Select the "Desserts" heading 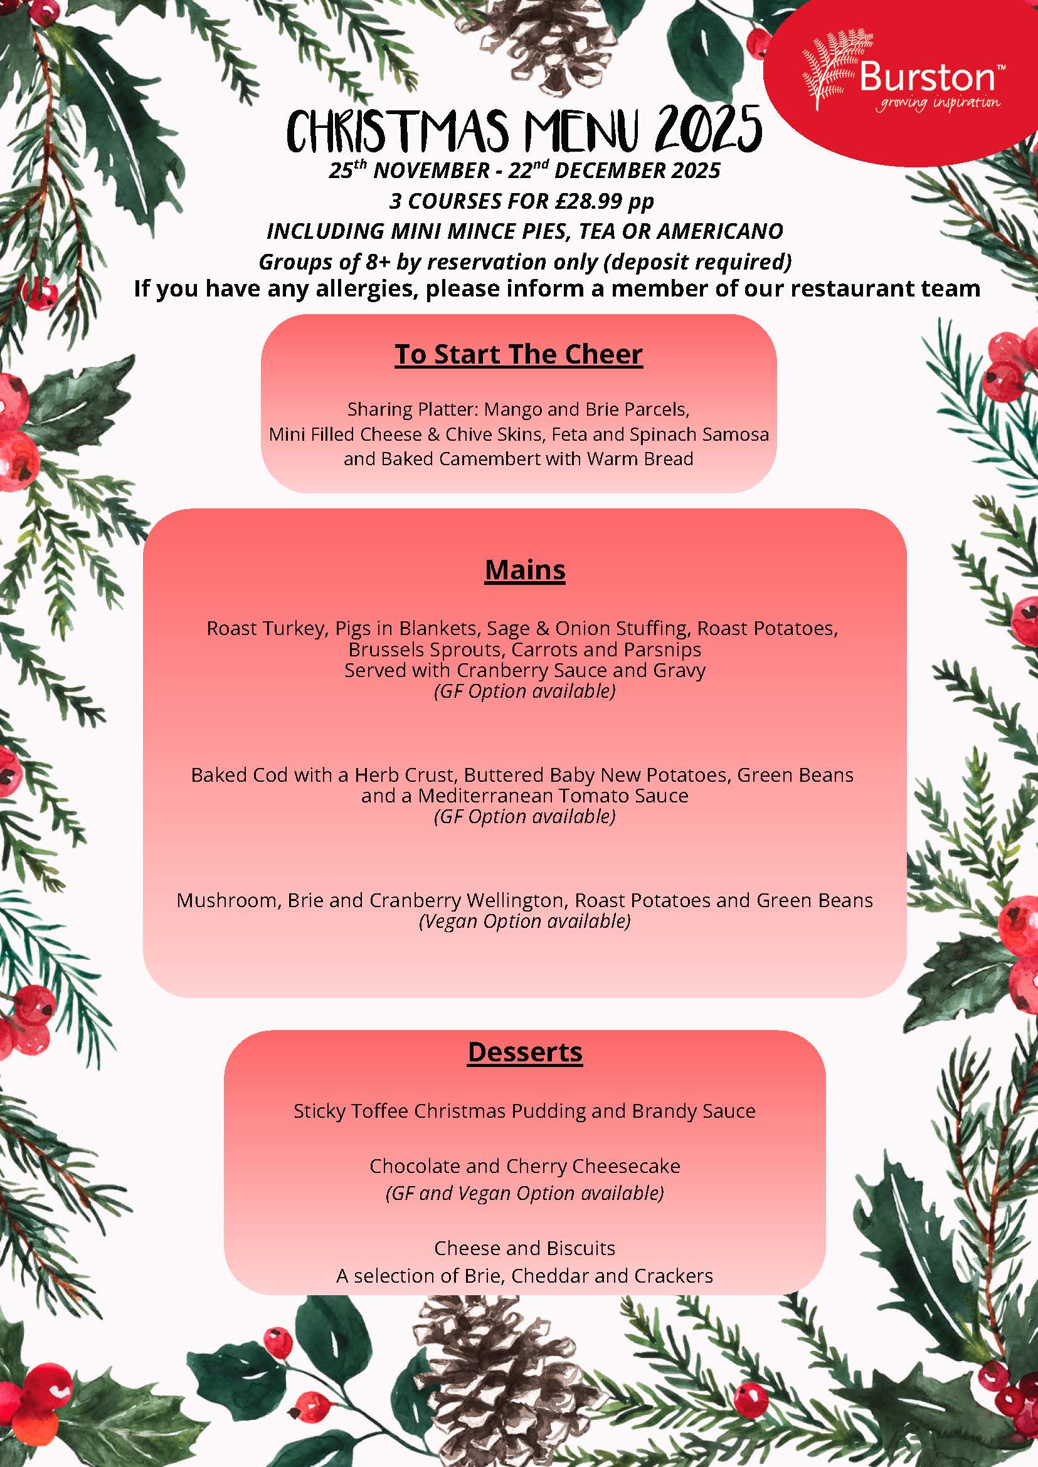click(525, 1052)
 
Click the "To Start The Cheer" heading click(518, 354)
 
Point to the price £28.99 click(588, 201)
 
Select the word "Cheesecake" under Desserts click(626, 1166)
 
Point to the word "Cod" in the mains click(269, 775)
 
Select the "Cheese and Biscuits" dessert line click(525, 1248)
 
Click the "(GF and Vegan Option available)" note click(525, 1193)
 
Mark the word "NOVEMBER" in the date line click(432, 171)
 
